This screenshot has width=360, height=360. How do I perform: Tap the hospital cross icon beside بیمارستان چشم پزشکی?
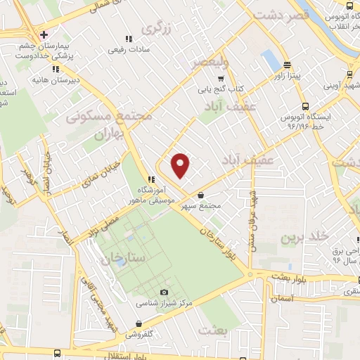[44, 34]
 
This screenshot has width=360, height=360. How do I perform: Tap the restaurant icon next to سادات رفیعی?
[128, 39]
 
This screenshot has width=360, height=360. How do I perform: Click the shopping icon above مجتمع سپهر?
[202, 195]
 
